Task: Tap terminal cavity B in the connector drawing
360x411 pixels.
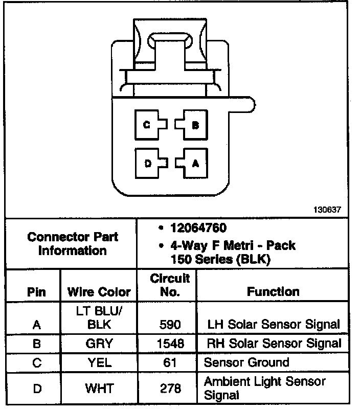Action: tap(194, 125)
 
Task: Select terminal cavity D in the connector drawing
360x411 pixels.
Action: tap(148, 163)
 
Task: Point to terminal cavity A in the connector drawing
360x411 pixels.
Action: tap(194, 163)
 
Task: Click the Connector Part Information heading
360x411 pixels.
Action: tap(73, 244)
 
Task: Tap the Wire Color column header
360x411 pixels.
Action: tap(99, 292)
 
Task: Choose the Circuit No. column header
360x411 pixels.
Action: tap(170, 285)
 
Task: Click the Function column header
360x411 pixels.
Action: tap(273, 292)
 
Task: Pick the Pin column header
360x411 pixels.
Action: tap(37, 292)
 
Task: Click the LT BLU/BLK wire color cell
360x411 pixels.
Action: tap(99, 317)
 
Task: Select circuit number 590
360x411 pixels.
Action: tap(170, 324)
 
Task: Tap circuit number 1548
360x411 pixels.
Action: tap(170, 344)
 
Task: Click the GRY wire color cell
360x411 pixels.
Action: tap(99, 344)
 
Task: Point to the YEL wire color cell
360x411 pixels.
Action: tap(99, 363)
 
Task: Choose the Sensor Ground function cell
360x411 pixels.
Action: tap(246, 363)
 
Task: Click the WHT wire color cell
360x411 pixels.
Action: tap(99, 389)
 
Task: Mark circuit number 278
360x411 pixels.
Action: tap(170, 389)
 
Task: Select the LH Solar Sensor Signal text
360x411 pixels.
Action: tap(274, 324)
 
